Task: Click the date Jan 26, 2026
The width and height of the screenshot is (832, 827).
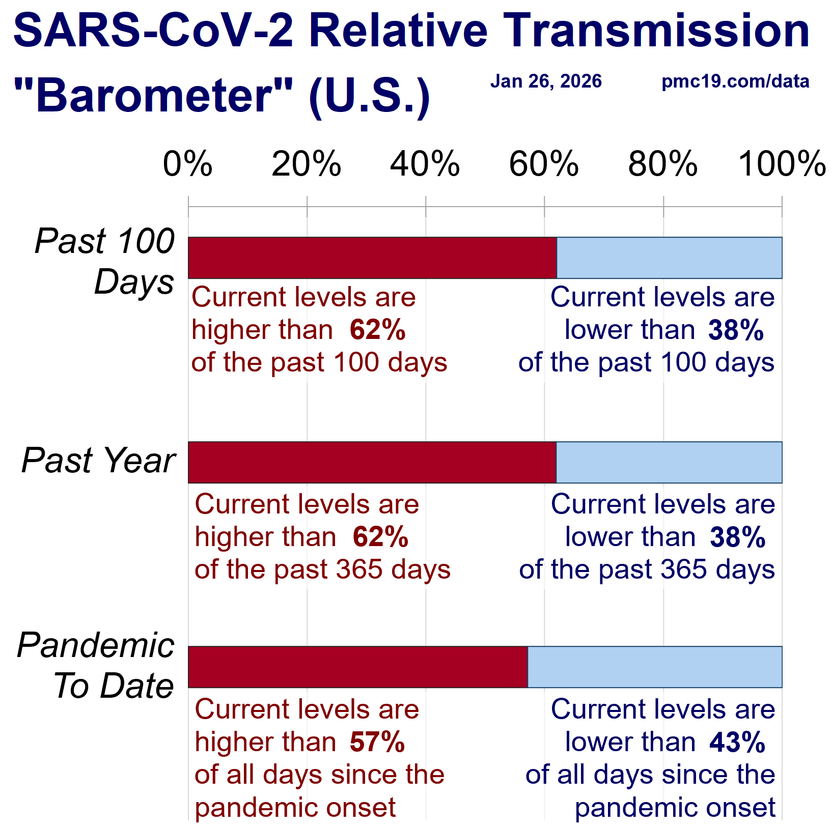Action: point(546,81)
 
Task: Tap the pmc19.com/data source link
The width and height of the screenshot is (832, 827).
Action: point(735,81)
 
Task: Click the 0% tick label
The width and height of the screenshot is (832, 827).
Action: point(187,164)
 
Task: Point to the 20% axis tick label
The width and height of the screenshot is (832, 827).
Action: point(307,164)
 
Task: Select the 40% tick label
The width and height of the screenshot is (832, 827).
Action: point(425,164)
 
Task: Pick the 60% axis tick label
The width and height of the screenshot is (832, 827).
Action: point(544,164)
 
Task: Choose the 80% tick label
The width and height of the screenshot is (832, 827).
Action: point(663,164)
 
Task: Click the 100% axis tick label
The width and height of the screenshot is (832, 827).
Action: point(782,164)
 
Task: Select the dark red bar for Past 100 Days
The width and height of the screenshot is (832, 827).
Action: point(372,258)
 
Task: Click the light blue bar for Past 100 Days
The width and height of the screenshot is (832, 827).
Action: point(669,258)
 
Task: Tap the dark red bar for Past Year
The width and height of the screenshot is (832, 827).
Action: point(372,463)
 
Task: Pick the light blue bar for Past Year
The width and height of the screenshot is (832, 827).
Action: point(669,463)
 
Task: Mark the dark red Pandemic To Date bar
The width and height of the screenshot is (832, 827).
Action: point(358,667)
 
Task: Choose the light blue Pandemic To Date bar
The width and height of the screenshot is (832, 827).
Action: point(655,667)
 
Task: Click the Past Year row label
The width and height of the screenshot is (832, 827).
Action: point(98,461)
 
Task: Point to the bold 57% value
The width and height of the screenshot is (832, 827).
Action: point(377,742)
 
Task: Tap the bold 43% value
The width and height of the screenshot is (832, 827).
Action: point(737,742)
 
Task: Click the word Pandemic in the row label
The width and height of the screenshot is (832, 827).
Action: point(96,645)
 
